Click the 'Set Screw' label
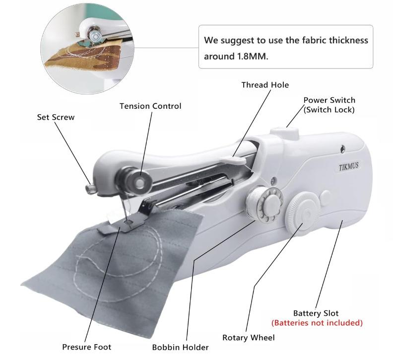pyautogui.click(x=56, y=118)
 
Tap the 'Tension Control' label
pyautogui.click(x=150, y=106)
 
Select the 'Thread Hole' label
pyautogui.click(x=265, y=85)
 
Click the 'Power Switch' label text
pyautogui.click(x=329, y=100)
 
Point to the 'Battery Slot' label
pyautogui.click(x=316, y=313)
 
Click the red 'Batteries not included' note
pyautogui.click(x=317, y=323)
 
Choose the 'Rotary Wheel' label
pyautogui.click(x=248, y=338)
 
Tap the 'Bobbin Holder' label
pyautogui.click(x=180, y=347)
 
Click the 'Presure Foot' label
pyautogui.click(x=86, y=347)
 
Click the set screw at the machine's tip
pyautogui.click(x=91, y=188)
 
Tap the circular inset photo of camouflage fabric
pyautogui.click(x=87, y=47)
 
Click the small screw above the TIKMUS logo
pyautogui.click(x=342, y=147)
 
